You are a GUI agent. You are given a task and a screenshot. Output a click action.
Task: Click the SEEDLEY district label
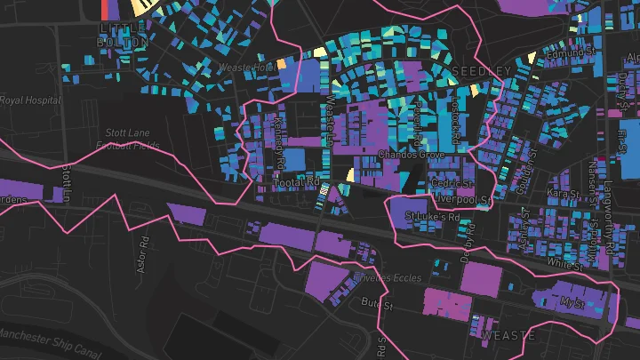pos(482,69)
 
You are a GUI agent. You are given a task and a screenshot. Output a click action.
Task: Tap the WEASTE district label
pos(509,335)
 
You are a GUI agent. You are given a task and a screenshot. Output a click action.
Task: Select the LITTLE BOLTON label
pos(120,36)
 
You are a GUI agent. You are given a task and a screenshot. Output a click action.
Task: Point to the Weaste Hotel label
pos(248,68)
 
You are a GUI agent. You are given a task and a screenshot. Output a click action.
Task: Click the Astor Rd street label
pos(140,254)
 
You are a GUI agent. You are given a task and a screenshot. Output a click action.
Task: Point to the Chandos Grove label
pos(411,154)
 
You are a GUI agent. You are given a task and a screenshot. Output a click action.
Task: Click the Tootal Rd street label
pos(298,182)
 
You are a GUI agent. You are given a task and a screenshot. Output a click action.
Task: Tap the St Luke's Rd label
pos(432,216)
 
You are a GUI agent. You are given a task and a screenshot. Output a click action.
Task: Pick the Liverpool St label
pos(460,201)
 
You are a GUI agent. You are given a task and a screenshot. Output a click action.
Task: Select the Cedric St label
pos(450,184)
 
